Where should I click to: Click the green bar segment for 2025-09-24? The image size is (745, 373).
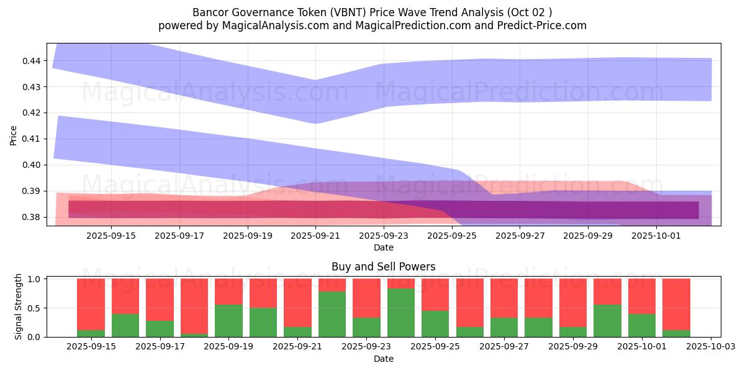point(400,313)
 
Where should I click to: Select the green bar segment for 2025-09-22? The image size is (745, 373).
point(332,314)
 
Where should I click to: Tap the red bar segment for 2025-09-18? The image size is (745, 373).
point(194,306)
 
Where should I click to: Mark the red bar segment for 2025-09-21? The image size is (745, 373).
point(297,303)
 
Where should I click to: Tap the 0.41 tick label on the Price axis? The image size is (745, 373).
point(32,139)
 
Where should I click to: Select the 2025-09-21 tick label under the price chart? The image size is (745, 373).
point(315,236)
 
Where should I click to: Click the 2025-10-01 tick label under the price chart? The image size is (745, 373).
point(657,236)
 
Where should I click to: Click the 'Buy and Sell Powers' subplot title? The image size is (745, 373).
point(383,267)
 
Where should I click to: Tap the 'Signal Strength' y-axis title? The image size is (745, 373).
point(19,306)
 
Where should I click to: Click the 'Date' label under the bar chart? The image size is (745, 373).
point(383,359)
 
